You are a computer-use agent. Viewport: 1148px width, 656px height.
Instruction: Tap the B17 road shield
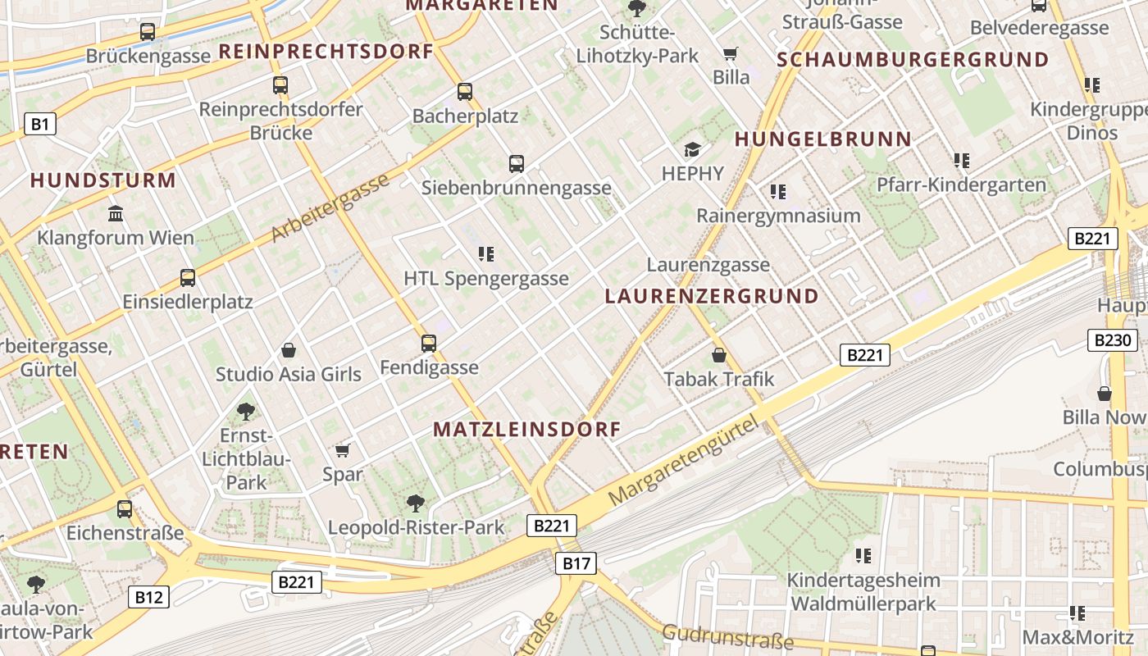point(576,563)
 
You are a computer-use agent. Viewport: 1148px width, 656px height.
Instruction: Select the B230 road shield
point(1113,340)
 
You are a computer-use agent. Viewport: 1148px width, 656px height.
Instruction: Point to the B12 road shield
point(148,597)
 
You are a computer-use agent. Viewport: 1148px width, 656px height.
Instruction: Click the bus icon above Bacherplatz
point(465,92)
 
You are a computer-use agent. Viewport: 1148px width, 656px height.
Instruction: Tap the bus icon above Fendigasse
point(429,343)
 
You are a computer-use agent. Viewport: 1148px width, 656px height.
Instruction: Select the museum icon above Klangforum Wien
point(116,214)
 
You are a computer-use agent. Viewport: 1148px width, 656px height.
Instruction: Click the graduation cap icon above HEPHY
point(693,149)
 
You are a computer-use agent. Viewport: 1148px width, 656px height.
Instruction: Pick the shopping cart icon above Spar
point(343,450)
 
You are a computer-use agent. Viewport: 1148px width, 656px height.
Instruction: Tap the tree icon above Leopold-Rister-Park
point(416,503)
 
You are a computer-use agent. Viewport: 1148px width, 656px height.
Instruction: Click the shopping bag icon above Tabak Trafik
point(719,355)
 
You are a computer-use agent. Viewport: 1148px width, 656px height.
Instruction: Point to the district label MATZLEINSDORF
point(527,429)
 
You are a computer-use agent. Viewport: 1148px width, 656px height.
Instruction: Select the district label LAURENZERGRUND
point(712,296)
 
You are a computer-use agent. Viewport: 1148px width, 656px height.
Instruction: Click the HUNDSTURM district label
point(103,180)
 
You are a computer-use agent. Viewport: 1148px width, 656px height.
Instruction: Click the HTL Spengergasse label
point(486,279)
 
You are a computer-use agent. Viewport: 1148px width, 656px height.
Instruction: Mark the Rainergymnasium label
point(778,216)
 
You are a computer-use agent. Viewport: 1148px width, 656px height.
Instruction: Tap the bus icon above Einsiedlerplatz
point(188,277)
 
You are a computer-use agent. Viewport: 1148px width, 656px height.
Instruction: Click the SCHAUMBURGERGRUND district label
point(913,59)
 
